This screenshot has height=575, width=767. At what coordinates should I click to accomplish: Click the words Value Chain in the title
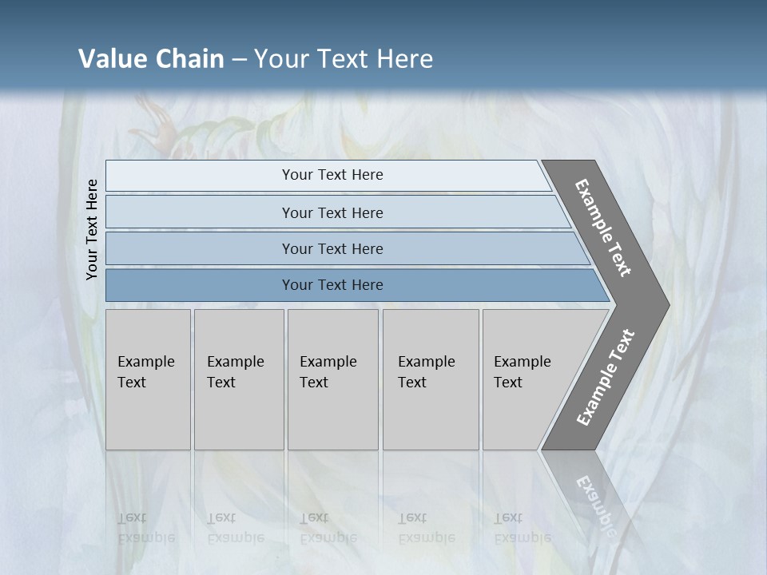point(151,59)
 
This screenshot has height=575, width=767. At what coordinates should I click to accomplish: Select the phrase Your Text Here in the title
point(344,59)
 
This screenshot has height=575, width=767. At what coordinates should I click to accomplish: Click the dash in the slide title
point(239,59)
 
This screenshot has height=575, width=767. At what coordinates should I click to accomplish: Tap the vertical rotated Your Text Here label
point(92,229)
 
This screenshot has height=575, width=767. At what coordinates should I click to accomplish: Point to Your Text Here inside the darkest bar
point(332,285)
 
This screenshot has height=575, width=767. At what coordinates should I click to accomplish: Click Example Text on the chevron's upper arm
point(603,228)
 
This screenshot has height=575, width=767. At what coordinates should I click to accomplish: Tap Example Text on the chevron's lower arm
point(606,377)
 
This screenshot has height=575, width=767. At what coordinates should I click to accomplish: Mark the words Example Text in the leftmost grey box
point(145,372)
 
